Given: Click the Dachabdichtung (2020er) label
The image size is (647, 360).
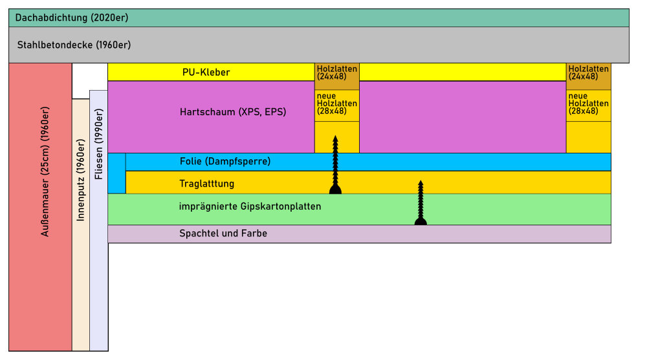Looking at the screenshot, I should tap(72, 18).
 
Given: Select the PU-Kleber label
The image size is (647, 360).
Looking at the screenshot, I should tap(206, 73).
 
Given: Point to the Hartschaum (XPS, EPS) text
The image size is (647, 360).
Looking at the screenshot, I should tap(233, 112).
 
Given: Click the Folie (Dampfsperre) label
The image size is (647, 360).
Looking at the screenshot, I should tap(225, 161).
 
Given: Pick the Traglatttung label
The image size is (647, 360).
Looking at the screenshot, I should tap(207, 184).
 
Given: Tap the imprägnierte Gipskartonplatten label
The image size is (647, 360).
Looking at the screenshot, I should tap(250, 207).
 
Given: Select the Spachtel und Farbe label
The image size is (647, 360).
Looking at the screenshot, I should tap(223, 234).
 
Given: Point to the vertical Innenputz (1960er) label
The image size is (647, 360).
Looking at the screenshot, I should tap(81, 181).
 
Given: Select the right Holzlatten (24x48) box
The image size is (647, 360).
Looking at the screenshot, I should tap(588, 73).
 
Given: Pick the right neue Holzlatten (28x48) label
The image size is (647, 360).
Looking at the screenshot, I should tap(588, 104).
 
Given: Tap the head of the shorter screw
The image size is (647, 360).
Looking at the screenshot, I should tap(421, 221).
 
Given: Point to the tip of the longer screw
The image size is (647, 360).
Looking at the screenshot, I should tap(335, 137).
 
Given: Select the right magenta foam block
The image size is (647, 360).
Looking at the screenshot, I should tap(463, 117).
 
